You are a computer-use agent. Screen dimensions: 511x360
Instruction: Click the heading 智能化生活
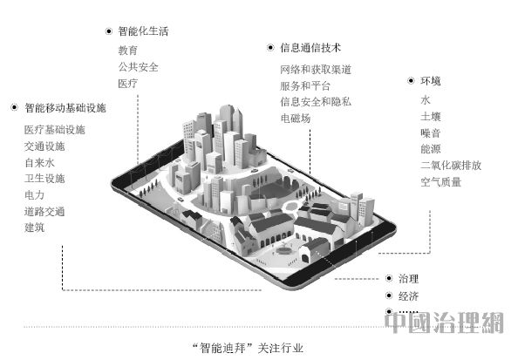[143, 31]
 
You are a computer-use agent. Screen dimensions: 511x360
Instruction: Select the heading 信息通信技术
[310, 48]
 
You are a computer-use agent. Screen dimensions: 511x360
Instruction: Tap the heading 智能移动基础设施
[65, 108]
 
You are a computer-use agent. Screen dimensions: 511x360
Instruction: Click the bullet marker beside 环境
[411, 80]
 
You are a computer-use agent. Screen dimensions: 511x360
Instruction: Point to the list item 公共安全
[138, 67]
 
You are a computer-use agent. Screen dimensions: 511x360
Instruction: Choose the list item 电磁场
[296, 119]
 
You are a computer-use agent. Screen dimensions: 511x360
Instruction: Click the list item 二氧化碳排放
[451, 165]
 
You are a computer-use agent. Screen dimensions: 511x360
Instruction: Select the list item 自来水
[39, 163]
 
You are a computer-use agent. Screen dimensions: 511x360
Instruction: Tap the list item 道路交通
[44, 212]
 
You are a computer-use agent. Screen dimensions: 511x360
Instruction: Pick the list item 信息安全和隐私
[316, 102]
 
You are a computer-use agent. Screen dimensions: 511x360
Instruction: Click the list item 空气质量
[440, 182]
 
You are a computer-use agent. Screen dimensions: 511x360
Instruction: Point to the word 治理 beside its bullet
[408, 279]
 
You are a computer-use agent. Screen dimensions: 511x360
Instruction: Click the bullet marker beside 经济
[389, 295]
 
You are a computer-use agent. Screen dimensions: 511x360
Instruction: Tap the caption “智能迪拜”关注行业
[248, 348]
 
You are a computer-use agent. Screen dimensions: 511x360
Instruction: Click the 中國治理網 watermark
[444, 323]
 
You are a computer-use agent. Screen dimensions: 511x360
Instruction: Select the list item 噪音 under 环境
[431, 132]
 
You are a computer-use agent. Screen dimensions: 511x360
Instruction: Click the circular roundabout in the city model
[290, 207]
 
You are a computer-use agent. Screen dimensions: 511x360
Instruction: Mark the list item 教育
[127, 51]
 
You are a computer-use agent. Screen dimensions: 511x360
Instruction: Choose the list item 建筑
[35, 228]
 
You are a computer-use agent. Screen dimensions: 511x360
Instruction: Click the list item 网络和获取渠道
[316, 70]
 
